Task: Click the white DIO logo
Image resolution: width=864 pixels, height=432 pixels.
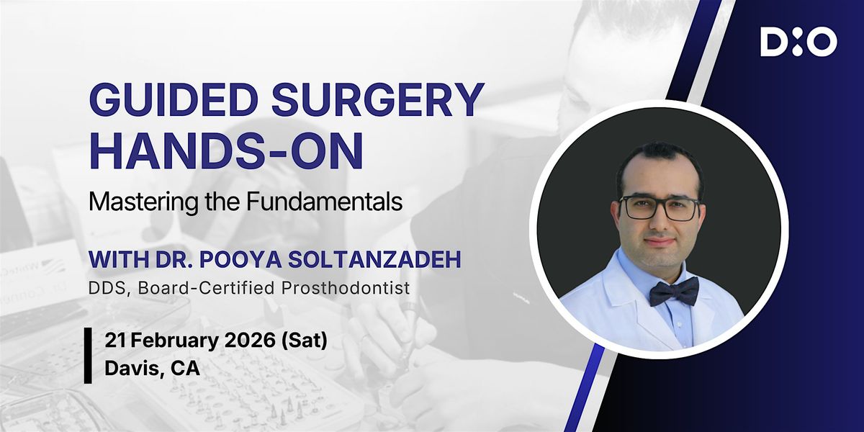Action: (798, 42)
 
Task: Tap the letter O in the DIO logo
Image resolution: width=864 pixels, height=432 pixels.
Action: (822, 42)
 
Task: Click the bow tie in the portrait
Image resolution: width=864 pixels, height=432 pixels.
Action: (674, 292)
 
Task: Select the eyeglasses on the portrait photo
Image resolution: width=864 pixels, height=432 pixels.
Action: (660, 208)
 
